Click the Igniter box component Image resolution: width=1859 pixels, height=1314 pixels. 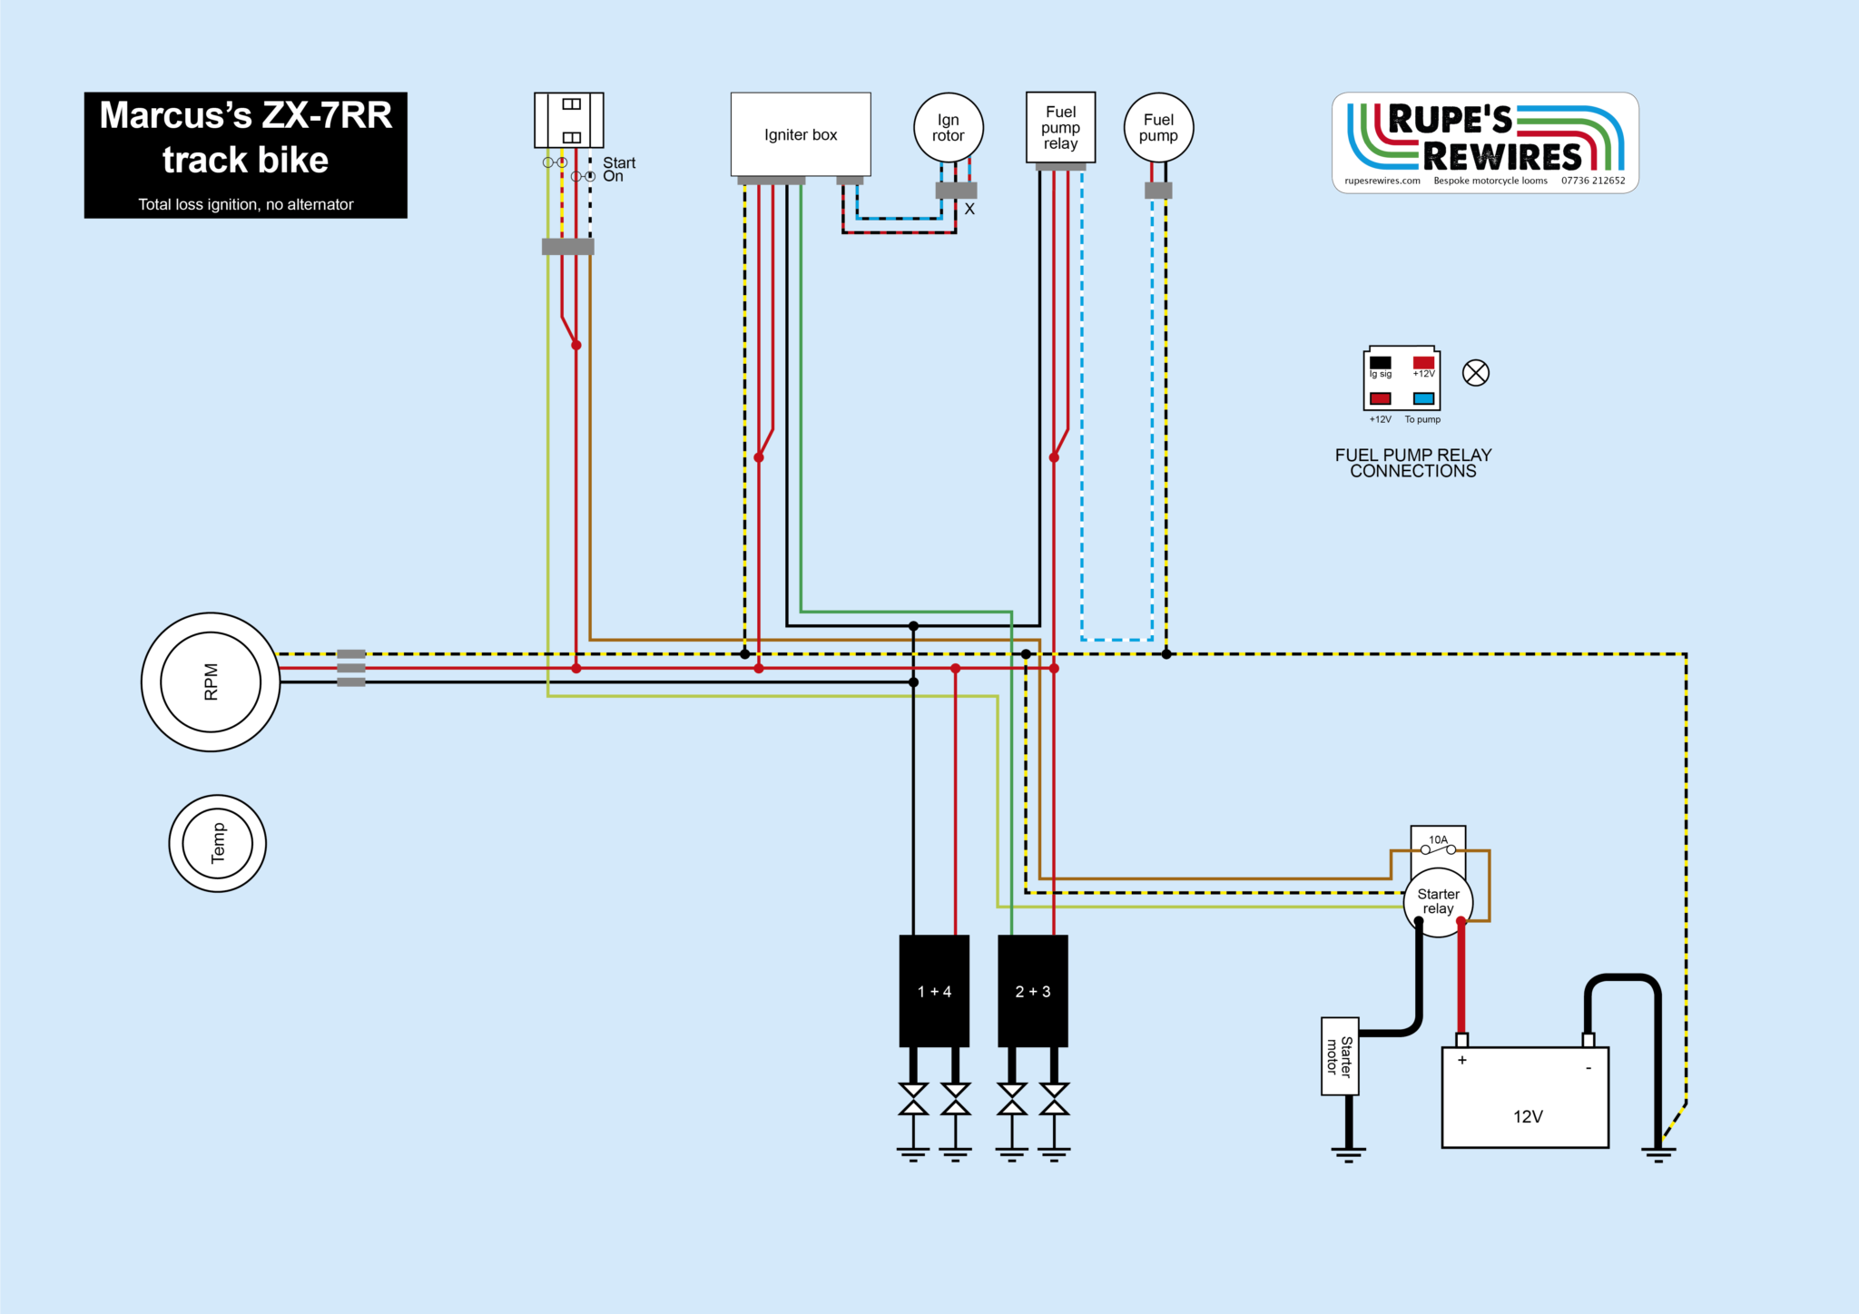(x=801, y=134)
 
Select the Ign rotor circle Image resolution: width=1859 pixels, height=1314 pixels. (x=948, y=128)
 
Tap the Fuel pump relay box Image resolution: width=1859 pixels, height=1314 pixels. (x=1060, y=128)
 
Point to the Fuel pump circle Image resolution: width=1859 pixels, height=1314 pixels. (x=1158, y=128)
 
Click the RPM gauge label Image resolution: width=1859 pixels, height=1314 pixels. (x=211, y=682)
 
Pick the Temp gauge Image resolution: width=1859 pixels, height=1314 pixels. (x=218, y=843)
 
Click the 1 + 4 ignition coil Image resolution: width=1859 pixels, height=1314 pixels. (x=934, y=991)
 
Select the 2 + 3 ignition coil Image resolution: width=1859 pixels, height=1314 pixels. (x=1033, y=991)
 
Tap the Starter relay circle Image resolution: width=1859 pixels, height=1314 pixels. (x=1438, y=901)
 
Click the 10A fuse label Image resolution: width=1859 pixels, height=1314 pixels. (x=1439, y=840)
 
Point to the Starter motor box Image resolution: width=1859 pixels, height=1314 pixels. (x=1340, y=1056)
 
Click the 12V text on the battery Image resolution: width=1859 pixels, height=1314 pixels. (x=1528, y=1117)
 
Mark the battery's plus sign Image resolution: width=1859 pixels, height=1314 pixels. (x=1462, y=1060)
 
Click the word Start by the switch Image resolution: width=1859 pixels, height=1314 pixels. (x=619, y=162)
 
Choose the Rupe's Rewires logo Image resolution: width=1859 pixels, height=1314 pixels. (x=1485, y=142)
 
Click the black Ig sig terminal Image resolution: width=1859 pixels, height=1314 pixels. (x=1381, y=362)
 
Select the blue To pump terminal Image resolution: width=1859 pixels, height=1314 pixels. (x=1423, y=398)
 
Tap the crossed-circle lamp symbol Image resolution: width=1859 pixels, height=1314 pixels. (x=1476, y=373)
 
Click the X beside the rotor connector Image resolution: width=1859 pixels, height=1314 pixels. (x=969, y=210)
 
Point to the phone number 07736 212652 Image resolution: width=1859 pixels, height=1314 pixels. (x=1593, y=181)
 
